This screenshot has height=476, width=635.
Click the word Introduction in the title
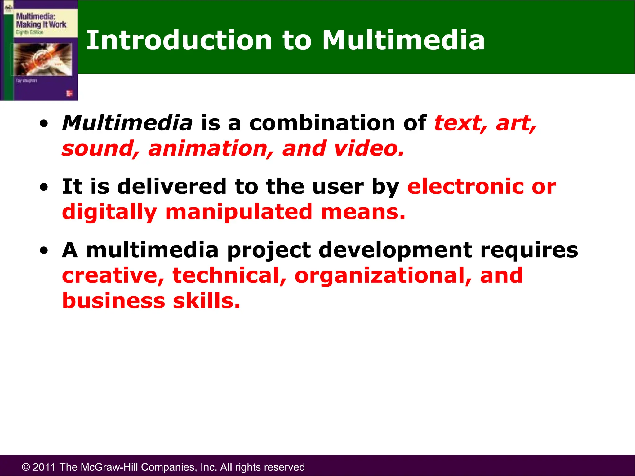click(x=179, y=40)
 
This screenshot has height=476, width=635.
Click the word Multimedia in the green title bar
click(x=403, y=40)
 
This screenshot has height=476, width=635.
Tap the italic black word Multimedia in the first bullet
click(x=127, y=123)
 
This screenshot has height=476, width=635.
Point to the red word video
click(x=369, y=148)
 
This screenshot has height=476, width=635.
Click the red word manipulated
click(x=239, y=212)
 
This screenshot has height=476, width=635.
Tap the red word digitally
click(x=109, y=213)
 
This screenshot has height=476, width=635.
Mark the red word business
click(x=113, y=301)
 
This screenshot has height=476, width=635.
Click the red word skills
click(x=206, y=301)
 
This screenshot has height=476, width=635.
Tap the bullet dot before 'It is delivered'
click(x=44, y=187)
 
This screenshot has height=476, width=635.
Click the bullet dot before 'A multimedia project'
click(x=44, y=251)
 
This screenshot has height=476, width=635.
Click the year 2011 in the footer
click(x=44, y=467)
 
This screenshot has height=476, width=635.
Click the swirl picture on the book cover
click(x=42, y=59)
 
